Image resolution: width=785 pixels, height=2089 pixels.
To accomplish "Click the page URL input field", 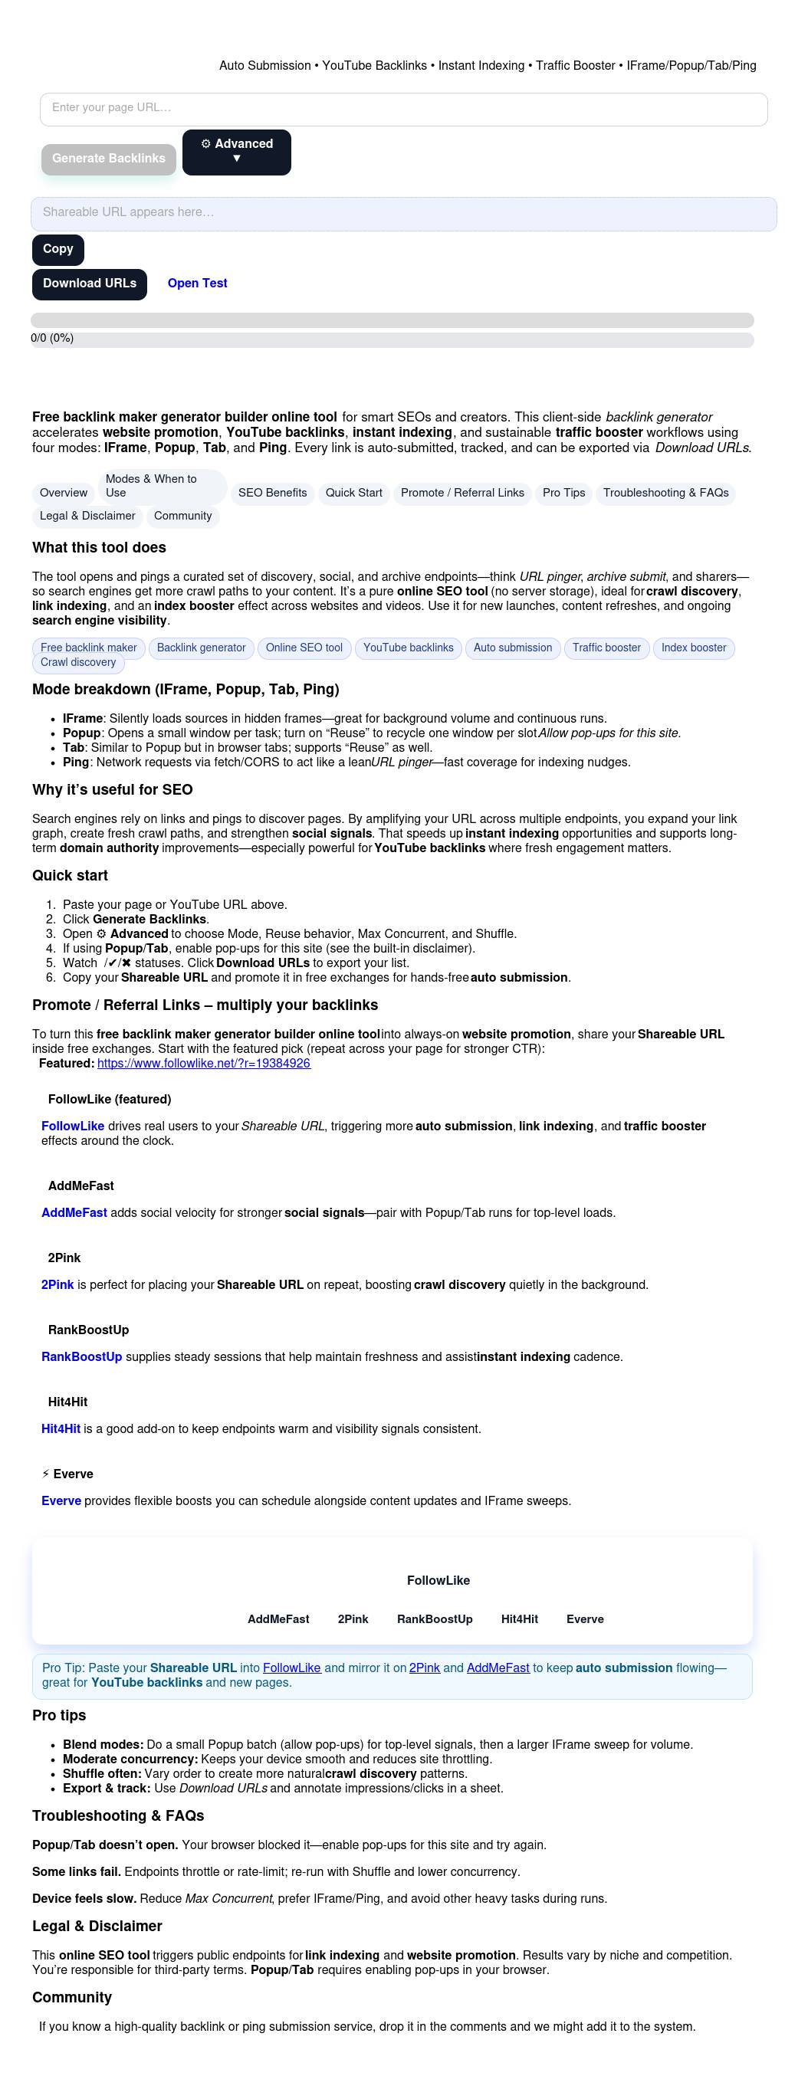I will click(x=403, y=109).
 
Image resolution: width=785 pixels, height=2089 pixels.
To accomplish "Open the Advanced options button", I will click(x=236, y=152).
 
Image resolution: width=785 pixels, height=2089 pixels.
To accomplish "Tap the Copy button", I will click(x=57, y=249).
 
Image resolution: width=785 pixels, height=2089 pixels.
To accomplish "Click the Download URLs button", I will click(x=89, y=284).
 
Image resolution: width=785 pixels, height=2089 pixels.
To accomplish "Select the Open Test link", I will click(x=197, y=284).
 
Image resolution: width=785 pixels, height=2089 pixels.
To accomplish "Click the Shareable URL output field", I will click(x=403, y=213).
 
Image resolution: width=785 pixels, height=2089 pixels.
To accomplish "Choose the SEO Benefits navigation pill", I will click(x=272, y=493).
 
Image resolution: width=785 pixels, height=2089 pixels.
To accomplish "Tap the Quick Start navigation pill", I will click(x=353, y=493).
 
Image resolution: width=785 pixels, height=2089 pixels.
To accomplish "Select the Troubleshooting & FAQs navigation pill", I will click(x=665, y=493).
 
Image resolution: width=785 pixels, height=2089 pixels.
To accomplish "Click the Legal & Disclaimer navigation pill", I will click(x=87, y=516).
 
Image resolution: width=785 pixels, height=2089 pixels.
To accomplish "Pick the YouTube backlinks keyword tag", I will click(x=408, y=648).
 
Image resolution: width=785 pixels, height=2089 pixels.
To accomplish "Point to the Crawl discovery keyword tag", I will click(x=78, y=663).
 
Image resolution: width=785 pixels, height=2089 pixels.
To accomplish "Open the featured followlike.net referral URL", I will click(x=204, y=1063).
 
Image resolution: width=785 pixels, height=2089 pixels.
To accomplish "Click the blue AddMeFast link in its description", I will click(x=74, y=1212).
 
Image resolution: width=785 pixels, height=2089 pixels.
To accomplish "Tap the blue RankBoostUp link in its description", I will click(x=81, y=1356).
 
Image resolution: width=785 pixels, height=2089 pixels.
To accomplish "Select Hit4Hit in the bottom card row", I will click(x=519, y=1618).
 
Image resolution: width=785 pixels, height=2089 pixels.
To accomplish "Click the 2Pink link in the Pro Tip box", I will click(x=424, y=1668).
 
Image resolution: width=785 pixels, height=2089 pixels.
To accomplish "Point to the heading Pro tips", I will click(x=59, y=1715).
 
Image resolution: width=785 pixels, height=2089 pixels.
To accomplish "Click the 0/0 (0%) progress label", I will click(x=52, y=338).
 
